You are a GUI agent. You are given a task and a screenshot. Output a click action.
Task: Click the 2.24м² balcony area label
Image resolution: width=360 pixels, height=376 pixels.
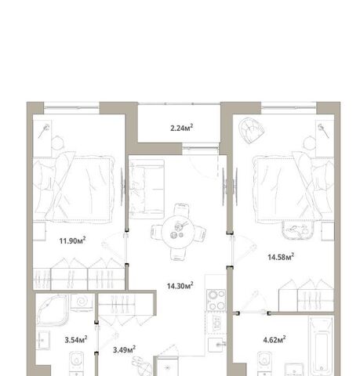pos(182,128)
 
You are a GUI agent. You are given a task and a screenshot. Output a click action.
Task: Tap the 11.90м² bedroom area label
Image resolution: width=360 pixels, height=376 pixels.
pos(72,240)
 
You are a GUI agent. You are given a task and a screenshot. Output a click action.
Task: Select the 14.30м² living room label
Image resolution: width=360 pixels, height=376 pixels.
pos(180,285)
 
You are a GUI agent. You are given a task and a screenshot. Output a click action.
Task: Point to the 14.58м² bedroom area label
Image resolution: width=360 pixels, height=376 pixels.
pos(281,257)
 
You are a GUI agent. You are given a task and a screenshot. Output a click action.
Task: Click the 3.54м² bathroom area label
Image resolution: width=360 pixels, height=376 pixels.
pos(76,339)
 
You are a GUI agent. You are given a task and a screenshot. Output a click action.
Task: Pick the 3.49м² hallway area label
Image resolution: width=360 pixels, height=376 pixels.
pos(124,349)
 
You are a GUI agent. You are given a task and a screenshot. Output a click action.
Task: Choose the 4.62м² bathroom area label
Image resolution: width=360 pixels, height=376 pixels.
pos(275,339)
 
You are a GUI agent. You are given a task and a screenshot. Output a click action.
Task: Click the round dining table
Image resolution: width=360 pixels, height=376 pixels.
pos(177,231)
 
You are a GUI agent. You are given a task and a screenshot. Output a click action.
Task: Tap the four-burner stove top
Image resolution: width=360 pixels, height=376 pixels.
pos(216,300)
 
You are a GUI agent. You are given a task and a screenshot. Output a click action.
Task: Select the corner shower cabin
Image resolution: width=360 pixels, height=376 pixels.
pos(52,309)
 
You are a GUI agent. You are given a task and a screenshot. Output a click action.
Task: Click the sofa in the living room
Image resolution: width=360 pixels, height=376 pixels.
pos(147,190)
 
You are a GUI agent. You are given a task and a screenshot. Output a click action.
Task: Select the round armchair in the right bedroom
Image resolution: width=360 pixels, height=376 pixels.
pos(251,130)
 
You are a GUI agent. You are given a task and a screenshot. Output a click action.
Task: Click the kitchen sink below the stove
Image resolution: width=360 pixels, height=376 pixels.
pos(216,345)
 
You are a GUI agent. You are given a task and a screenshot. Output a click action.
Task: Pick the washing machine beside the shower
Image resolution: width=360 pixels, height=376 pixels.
pos(82,302)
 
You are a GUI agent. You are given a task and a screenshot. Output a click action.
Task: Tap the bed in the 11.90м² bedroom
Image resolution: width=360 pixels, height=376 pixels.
pos(74,189)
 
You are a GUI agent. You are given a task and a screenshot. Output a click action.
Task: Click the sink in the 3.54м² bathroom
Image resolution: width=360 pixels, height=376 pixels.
pos(42,340)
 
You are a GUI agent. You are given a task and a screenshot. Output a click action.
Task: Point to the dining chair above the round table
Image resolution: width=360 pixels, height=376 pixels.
pos(181,209)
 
